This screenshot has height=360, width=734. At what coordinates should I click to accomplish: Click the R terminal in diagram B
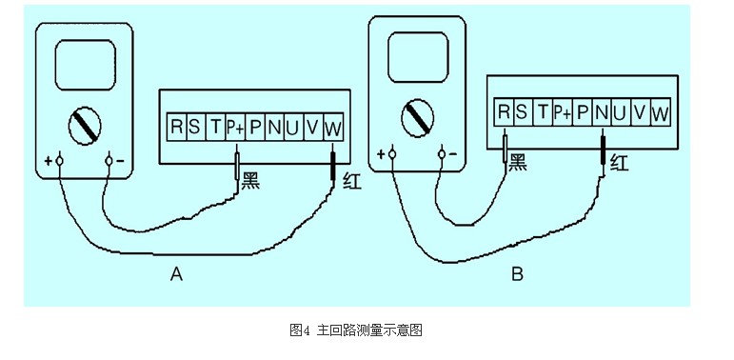pos(504,112)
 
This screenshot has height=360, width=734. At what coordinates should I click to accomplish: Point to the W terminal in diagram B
pos(660,112)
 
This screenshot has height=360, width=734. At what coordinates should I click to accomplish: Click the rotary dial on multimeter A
pos(84,124)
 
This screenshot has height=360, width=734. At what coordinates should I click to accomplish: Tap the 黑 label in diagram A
pos(250,178)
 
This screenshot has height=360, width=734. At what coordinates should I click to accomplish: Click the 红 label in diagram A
pos(350,178)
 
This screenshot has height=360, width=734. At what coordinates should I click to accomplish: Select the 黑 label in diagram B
pos(518,162)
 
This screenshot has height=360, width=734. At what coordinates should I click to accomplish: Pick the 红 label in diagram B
pos(619,162)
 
